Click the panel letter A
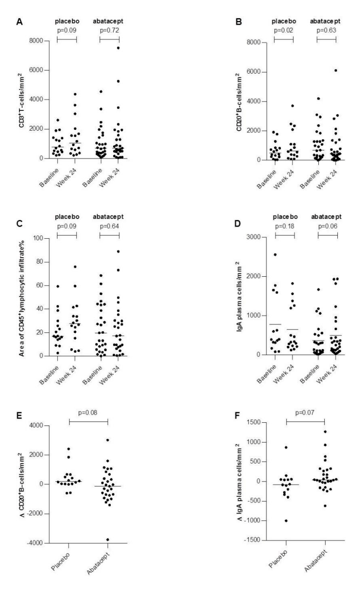19,21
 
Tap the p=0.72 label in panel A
109,30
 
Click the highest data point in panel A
118,48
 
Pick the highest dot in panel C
118,251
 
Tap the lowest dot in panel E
107,540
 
